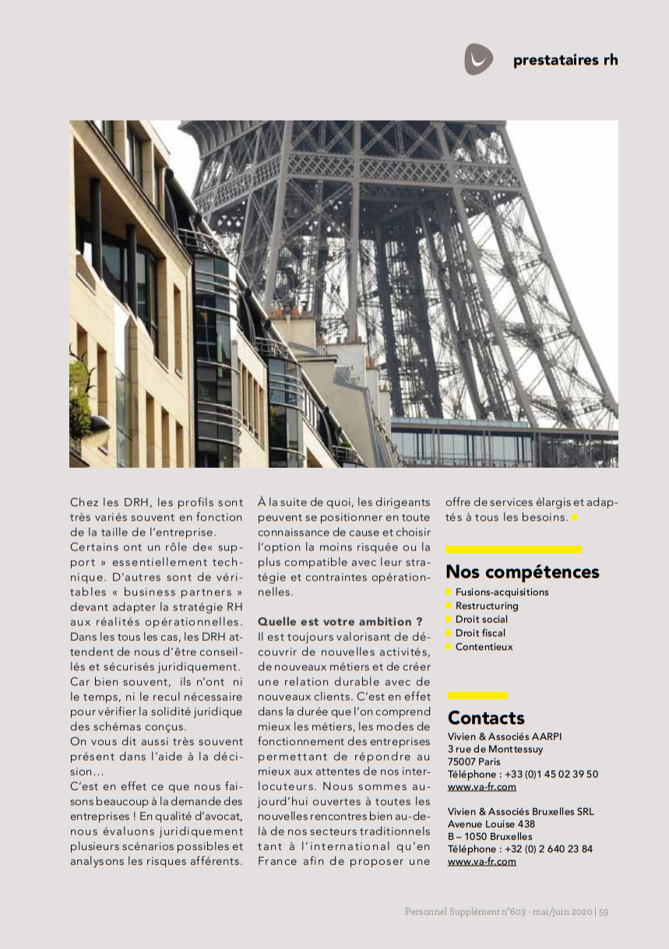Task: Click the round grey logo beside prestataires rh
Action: pos(478,59)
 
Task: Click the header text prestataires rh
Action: pos(565,60)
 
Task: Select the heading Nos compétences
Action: pos(522,572)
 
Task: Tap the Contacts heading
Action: pos(486,718)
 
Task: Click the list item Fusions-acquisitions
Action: pos(502,592)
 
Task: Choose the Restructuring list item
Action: pos(487,606)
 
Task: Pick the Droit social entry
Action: pos(481,620)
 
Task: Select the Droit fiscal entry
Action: pos(481,633)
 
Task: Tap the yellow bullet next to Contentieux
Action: pos(449,647)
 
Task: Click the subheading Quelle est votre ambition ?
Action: pos(340,621)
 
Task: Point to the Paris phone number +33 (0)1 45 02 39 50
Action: pos(552,774)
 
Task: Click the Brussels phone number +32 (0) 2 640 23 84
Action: pos(549,849)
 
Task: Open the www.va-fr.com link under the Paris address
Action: pos(481,787)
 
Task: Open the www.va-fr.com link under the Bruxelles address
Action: pos(481,862)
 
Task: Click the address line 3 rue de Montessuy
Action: pos(495,749)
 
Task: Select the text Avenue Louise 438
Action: pos(491,824)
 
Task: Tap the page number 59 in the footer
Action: pos(604,912)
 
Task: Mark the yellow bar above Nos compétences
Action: pos(513,550)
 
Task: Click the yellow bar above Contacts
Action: pos(477,695)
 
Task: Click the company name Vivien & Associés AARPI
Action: pos(504,736)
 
